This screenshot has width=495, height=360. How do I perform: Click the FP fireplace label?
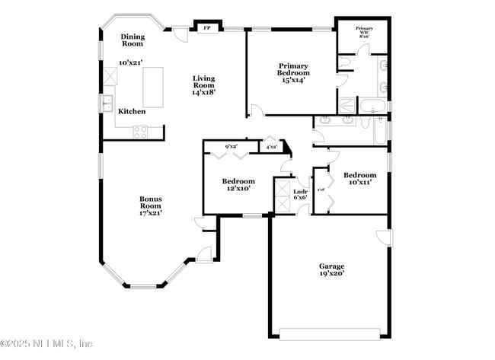pos(206,29)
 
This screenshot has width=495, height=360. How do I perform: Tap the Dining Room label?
pos(133,40)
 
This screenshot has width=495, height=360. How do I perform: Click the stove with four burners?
pos(141,131)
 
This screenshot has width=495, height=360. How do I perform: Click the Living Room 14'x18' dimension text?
pos(203,91)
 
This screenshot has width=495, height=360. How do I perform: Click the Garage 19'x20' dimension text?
pos(331,271)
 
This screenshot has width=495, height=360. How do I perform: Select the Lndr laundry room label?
pos(300,193)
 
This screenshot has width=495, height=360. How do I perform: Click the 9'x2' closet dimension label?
pos(231,145)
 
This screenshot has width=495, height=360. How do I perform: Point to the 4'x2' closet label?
pos(270,145)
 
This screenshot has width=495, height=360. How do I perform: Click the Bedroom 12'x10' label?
pos(238,186)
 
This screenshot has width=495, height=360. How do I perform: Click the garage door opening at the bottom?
pos(329,333)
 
